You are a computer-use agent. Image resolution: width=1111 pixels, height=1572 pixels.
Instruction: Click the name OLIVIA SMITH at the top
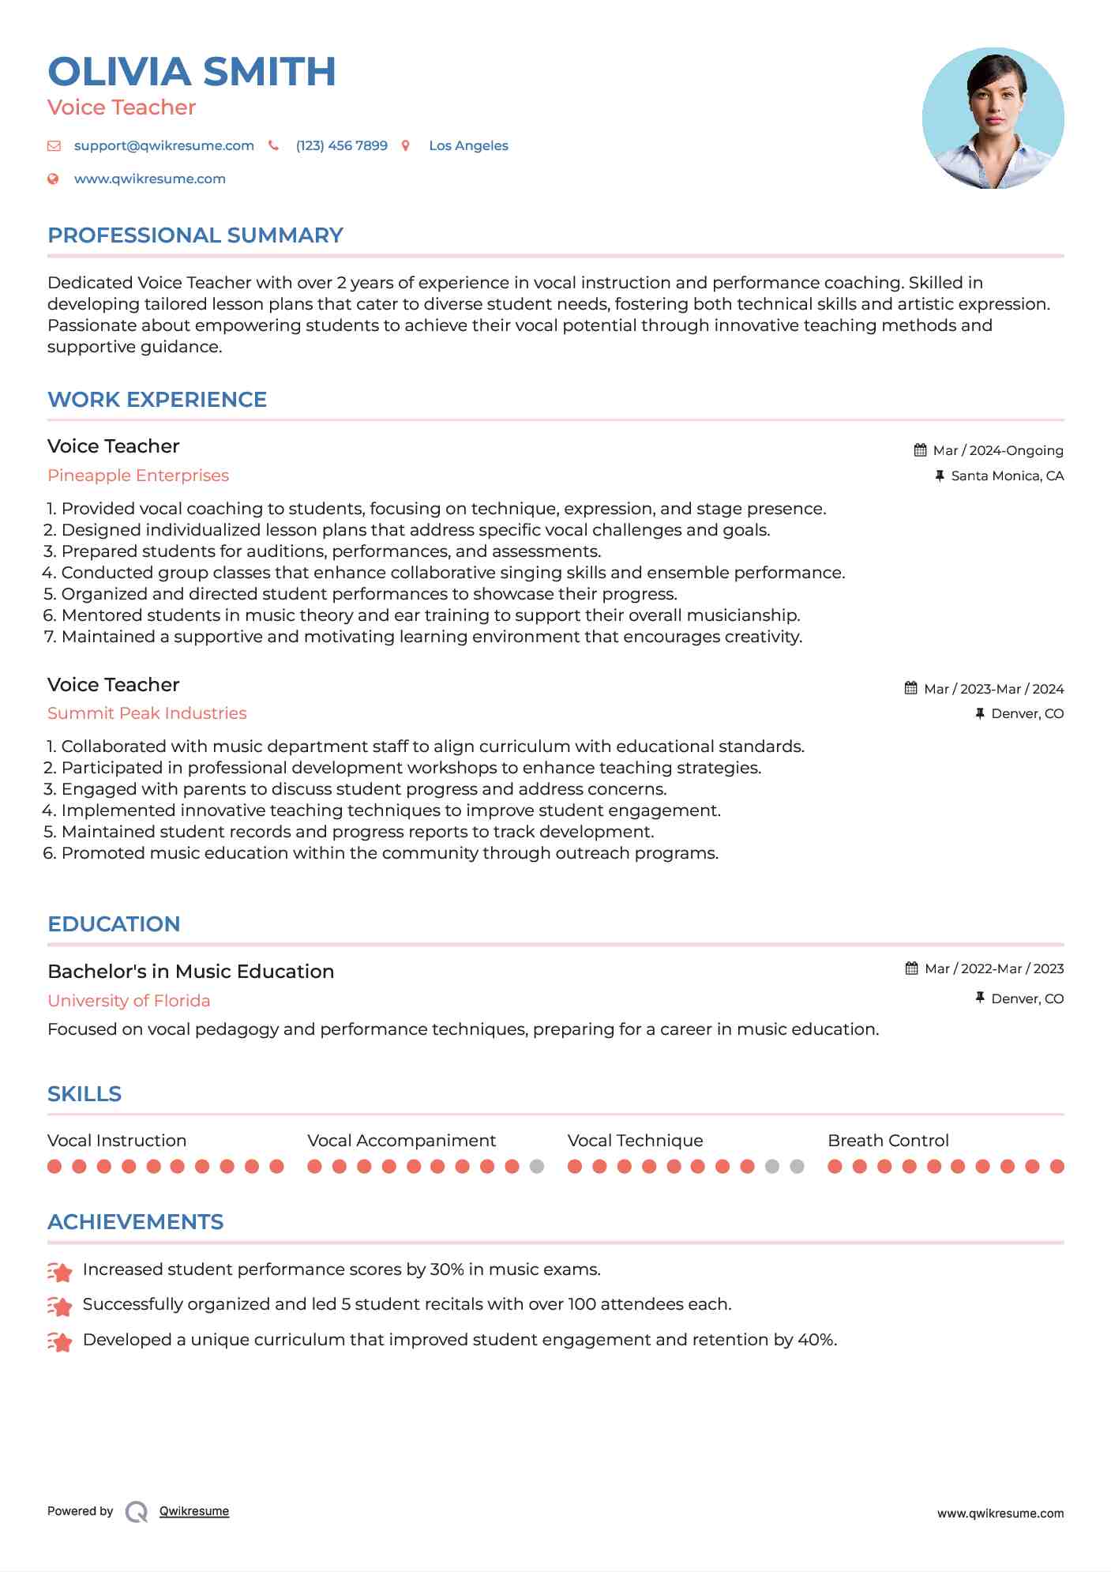click(x=192, y=72)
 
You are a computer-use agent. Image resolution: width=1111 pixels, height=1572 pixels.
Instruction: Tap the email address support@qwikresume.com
click(x=163, y=145)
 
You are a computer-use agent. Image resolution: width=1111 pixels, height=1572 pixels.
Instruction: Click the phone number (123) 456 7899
click(x=341, y=145)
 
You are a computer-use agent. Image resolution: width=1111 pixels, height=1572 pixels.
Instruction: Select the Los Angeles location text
click(x=468, y=145)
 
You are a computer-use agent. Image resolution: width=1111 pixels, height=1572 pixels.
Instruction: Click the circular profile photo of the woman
click(x=993, y=118)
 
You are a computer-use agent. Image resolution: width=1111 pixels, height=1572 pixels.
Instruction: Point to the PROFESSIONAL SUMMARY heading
click(x=195, y=235)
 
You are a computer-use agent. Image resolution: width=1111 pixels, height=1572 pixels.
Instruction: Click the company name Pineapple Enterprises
click(x=138, y=476)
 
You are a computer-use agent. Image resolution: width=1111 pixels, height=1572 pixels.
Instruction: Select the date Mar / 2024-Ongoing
click(x=997, y=450)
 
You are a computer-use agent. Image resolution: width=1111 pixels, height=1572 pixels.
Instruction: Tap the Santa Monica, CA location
click(x=1007, y=476)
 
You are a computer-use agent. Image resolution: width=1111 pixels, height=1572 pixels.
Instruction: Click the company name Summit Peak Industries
click(x=147, y=713)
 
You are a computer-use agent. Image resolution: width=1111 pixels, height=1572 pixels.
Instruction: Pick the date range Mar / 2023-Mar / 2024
click(x=993, y=689)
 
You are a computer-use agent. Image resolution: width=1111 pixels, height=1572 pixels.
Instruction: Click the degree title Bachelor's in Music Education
click(x=190, y=972)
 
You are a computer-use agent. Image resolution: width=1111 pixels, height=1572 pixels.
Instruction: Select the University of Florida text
click(x=129, y=1001)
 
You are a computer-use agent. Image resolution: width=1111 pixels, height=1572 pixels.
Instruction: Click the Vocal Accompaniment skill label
click(x=401, y=1141)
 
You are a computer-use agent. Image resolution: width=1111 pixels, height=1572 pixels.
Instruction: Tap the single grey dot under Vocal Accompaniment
click(x=537, y=1166)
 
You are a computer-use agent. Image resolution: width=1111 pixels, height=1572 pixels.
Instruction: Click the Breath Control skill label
click(x=888, y=1141)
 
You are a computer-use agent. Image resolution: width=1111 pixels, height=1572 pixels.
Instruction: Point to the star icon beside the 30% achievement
click(x=60, y=1271)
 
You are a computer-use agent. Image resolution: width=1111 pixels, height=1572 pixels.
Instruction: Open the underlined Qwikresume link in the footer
click(x=194, y=1511)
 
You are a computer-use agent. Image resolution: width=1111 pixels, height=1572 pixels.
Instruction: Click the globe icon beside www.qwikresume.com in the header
click(x=53, y=179)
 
